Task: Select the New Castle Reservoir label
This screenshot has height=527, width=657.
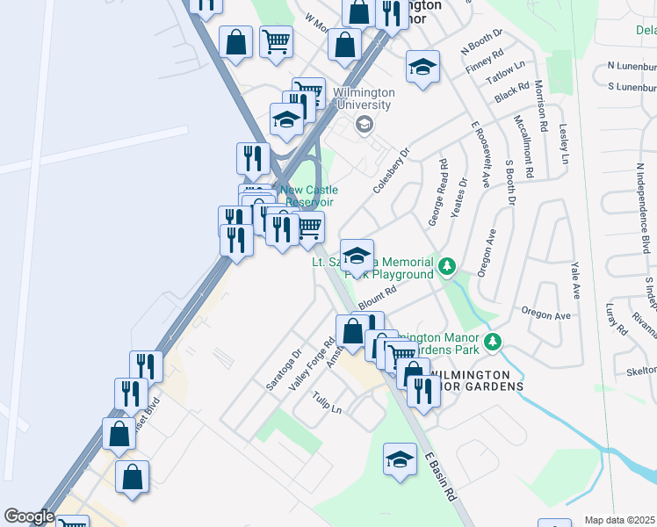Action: pos(308,196)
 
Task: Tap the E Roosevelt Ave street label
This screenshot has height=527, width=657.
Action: pos(480,155)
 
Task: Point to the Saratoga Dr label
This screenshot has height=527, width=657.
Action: pos(284,368)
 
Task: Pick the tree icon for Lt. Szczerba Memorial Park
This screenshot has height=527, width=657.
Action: pos(448,264)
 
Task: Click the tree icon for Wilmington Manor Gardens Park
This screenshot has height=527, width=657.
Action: pos(495,341)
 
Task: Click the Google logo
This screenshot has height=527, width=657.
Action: pos(29,516)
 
